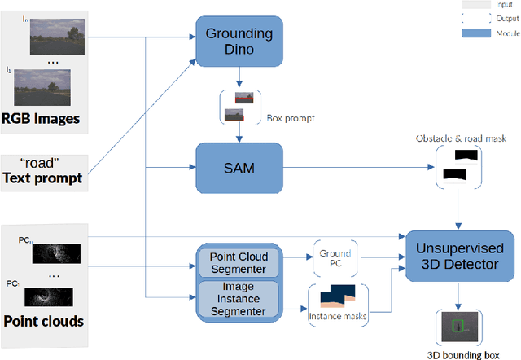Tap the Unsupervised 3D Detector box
pyautogui.click(x=461, y=256)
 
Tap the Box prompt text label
pyautogui.click(x=290, y=119)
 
